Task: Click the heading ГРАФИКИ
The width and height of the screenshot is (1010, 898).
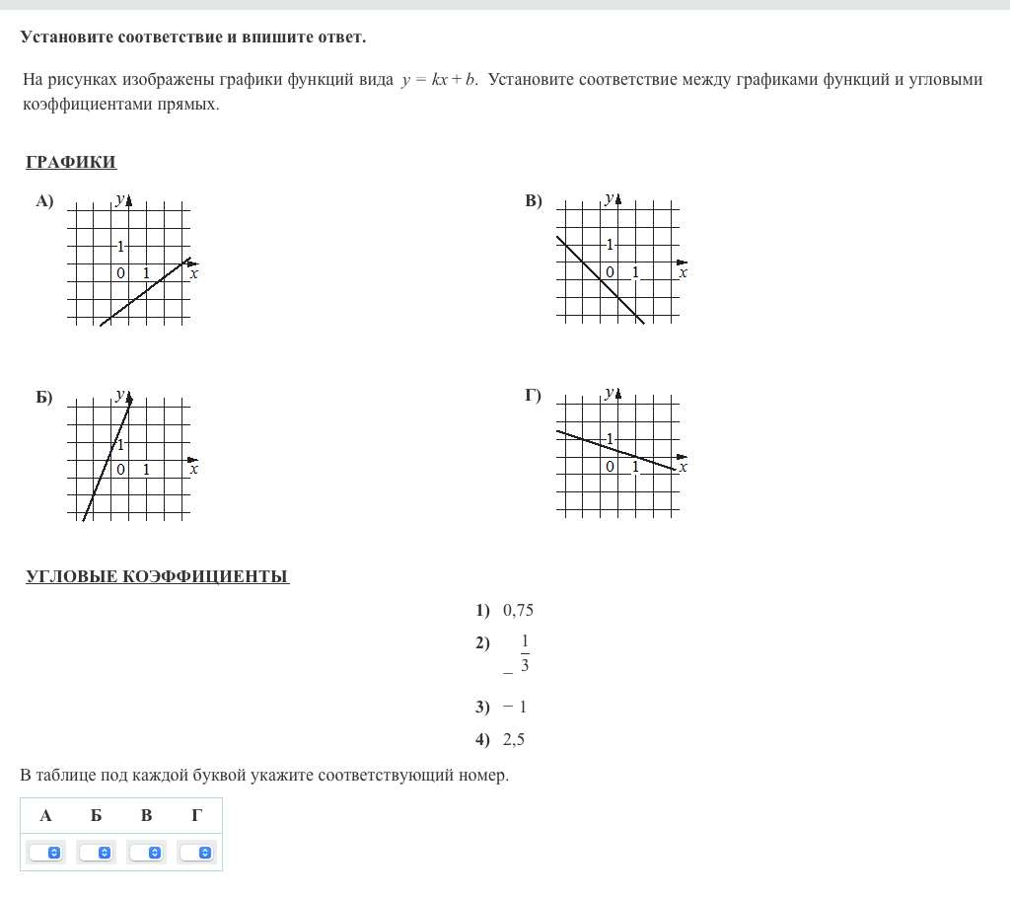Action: (71, 163)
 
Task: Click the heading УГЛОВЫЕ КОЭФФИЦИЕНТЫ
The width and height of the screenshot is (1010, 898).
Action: (157, 576)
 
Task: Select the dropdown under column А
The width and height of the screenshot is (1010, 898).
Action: (45, 852)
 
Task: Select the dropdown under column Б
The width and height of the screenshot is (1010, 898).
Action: (96, 852)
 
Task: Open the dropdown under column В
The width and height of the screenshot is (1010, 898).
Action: (146, 852)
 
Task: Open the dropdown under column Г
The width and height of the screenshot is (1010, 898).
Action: (196, 852)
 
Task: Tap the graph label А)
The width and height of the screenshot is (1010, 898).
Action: (44, 201)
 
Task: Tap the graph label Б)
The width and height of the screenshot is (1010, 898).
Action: (44, 397)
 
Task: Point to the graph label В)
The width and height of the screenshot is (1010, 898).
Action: (534, 201)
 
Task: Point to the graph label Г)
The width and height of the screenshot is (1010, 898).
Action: (534, 396)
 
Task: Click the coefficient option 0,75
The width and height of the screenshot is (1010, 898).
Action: (518, 610)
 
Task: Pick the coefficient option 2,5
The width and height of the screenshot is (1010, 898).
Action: (514, 739)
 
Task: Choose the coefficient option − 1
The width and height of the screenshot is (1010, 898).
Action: (514, 707)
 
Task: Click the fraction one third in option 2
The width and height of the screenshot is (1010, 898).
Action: (525, 653)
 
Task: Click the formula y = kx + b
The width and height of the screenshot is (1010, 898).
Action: (439, 80)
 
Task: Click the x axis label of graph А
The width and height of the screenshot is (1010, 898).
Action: (193, 273)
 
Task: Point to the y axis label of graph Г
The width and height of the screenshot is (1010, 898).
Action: (610, 393)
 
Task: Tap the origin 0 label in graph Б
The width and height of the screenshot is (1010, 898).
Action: (120, 470)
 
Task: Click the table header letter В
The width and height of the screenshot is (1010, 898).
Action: (146, 815)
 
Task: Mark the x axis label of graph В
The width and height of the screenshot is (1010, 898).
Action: (683, 272)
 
